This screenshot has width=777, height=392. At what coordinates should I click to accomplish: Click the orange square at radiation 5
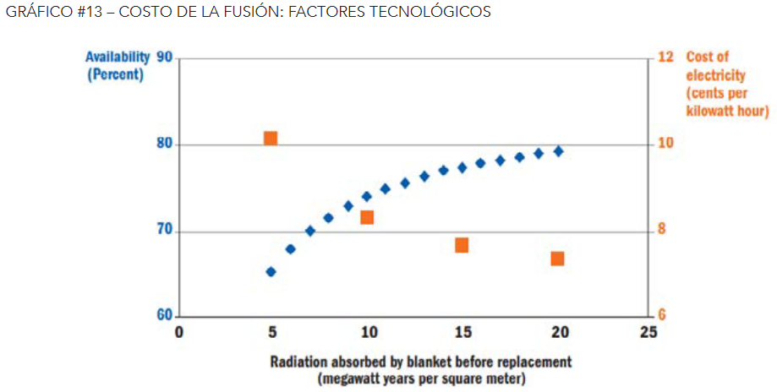(271, 139)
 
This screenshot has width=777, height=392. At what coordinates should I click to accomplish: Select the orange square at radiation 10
(367, 217)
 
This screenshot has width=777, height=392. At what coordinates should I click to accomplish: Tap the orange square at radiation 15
(462, 245)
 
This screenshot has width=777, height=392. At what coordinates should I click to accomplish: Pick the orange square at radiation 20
(557, 259)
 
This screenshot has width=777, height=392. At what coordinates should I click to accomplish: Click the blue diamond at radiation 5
(271, 272)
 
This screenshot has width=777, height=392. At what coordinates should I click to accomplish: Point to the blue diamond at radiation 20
(558, 151)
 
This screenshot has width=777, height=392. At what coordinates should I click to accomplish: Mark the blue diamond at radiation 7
(309, 231)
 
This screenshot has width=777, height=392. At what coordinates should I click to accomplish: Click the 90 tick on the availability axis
(164, 57)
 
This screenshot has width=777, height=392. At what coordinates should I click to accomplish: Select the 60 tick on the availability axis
(164, 315)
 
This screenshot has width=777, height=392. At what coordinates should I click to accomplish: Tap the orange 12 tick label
(665, 57)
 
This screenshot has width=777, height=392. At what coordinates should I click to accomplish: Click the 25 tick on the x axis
(648, 332)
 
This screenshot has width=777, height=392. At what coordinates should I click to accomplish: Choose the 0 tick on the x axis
(178, 332)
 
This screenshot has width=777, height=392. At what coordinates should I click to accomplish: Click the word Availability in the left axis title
(118, 57)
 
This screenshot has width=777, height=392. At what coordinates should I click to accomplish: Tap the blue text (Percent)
(116, 74)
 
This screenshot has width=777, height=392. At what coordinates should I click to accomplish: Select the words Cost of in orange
(707, 57)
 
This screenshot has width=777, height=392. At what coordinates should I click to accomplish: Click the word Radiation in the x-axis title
(299, 362)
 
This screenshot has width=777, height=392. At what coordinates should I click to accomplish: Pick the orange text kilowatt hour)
(727, 111)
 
